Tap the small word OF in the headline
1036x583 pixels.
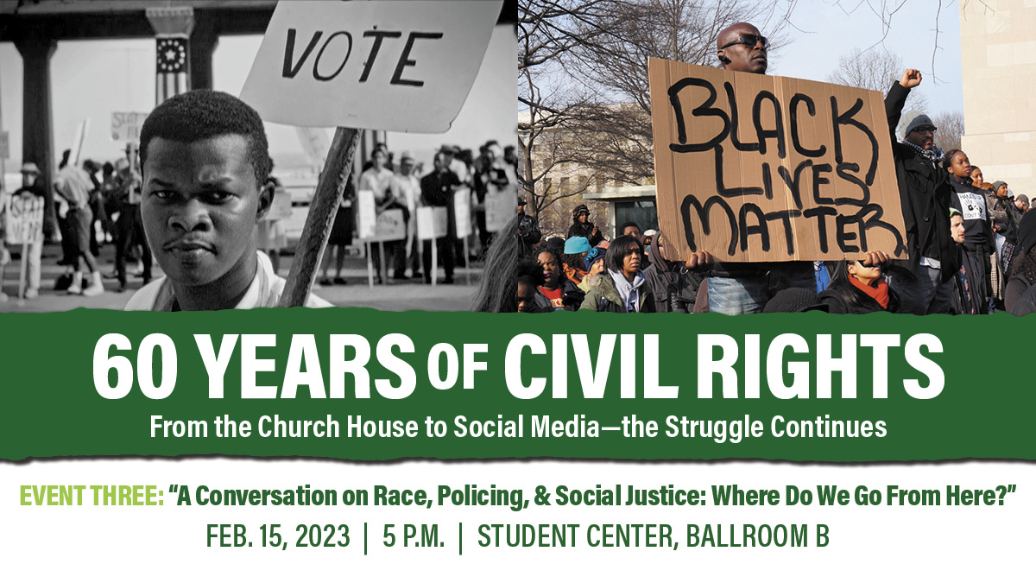458,364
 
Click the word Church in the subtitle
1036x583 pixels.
299,427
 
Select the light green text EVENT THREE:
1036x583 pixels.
92,496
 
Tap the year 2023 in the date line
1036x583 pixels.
322,536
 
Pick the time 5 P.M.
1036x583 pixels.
414,536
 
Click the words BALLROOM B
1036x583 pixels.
758,536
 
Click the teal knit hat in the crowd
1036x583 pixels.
577,245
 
